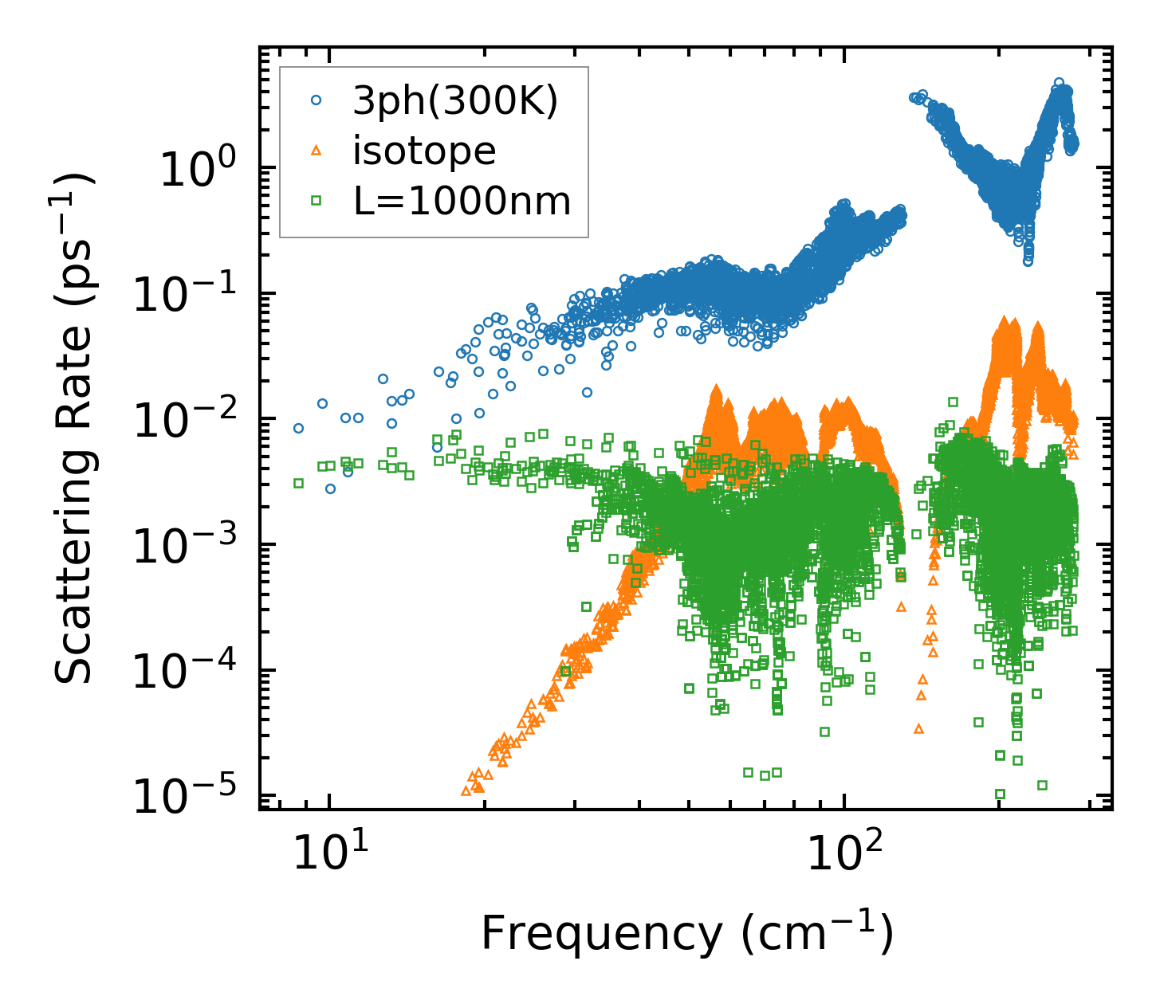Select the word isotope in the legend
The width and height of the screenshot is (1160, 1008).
click(424, 151)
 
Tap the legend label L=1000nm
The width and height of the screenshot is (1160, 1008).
click(462, 202)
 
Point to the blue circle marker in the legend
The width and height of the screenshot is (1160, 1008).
click(316, 100)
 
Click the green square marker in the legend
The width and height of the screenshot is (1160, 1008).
click(316, 201)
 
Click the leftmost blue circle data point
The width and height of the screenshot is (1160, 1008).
click(298, 428)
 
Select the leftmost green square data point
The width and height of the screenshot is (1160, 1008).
click(298, 483)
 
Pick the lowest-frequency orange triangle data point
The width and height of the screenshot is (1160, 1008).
click(466, 790)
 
